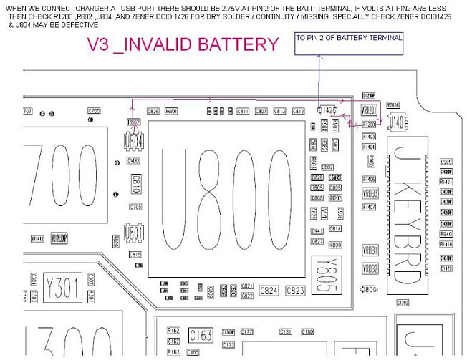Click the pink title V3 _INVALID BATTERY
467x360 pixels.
tap(183, 44)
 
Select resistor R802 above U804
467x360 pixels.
tap(134, 123)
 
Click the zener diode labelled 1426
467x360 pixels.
tap(327, 110)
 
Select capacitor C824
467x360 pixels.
tap(269, 291)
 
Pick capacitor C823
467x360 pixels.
tap(295, 291)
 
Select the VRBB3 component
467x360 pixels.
tap(370, 193)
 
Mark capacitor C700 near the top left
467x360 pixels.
tap(94, 111)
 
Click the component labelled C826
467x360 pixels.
tap(153, 111)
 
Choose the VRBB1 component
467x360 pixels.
tap(370, 250)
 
